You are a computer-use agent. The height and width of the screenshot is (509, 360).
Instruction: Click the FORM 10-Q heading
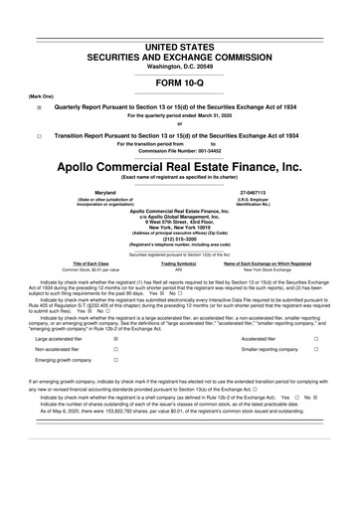tap(179, 83)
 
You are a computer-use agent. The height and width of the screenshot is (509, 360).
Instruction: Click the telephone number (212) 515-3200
tap(179, 238)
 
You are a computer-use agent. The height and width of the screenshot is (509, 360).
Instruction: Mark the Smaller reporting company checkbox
tap(316, 352)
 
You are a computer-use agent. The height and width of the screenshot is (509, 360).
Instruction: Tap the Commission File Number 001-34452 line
tap(179, 150)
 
